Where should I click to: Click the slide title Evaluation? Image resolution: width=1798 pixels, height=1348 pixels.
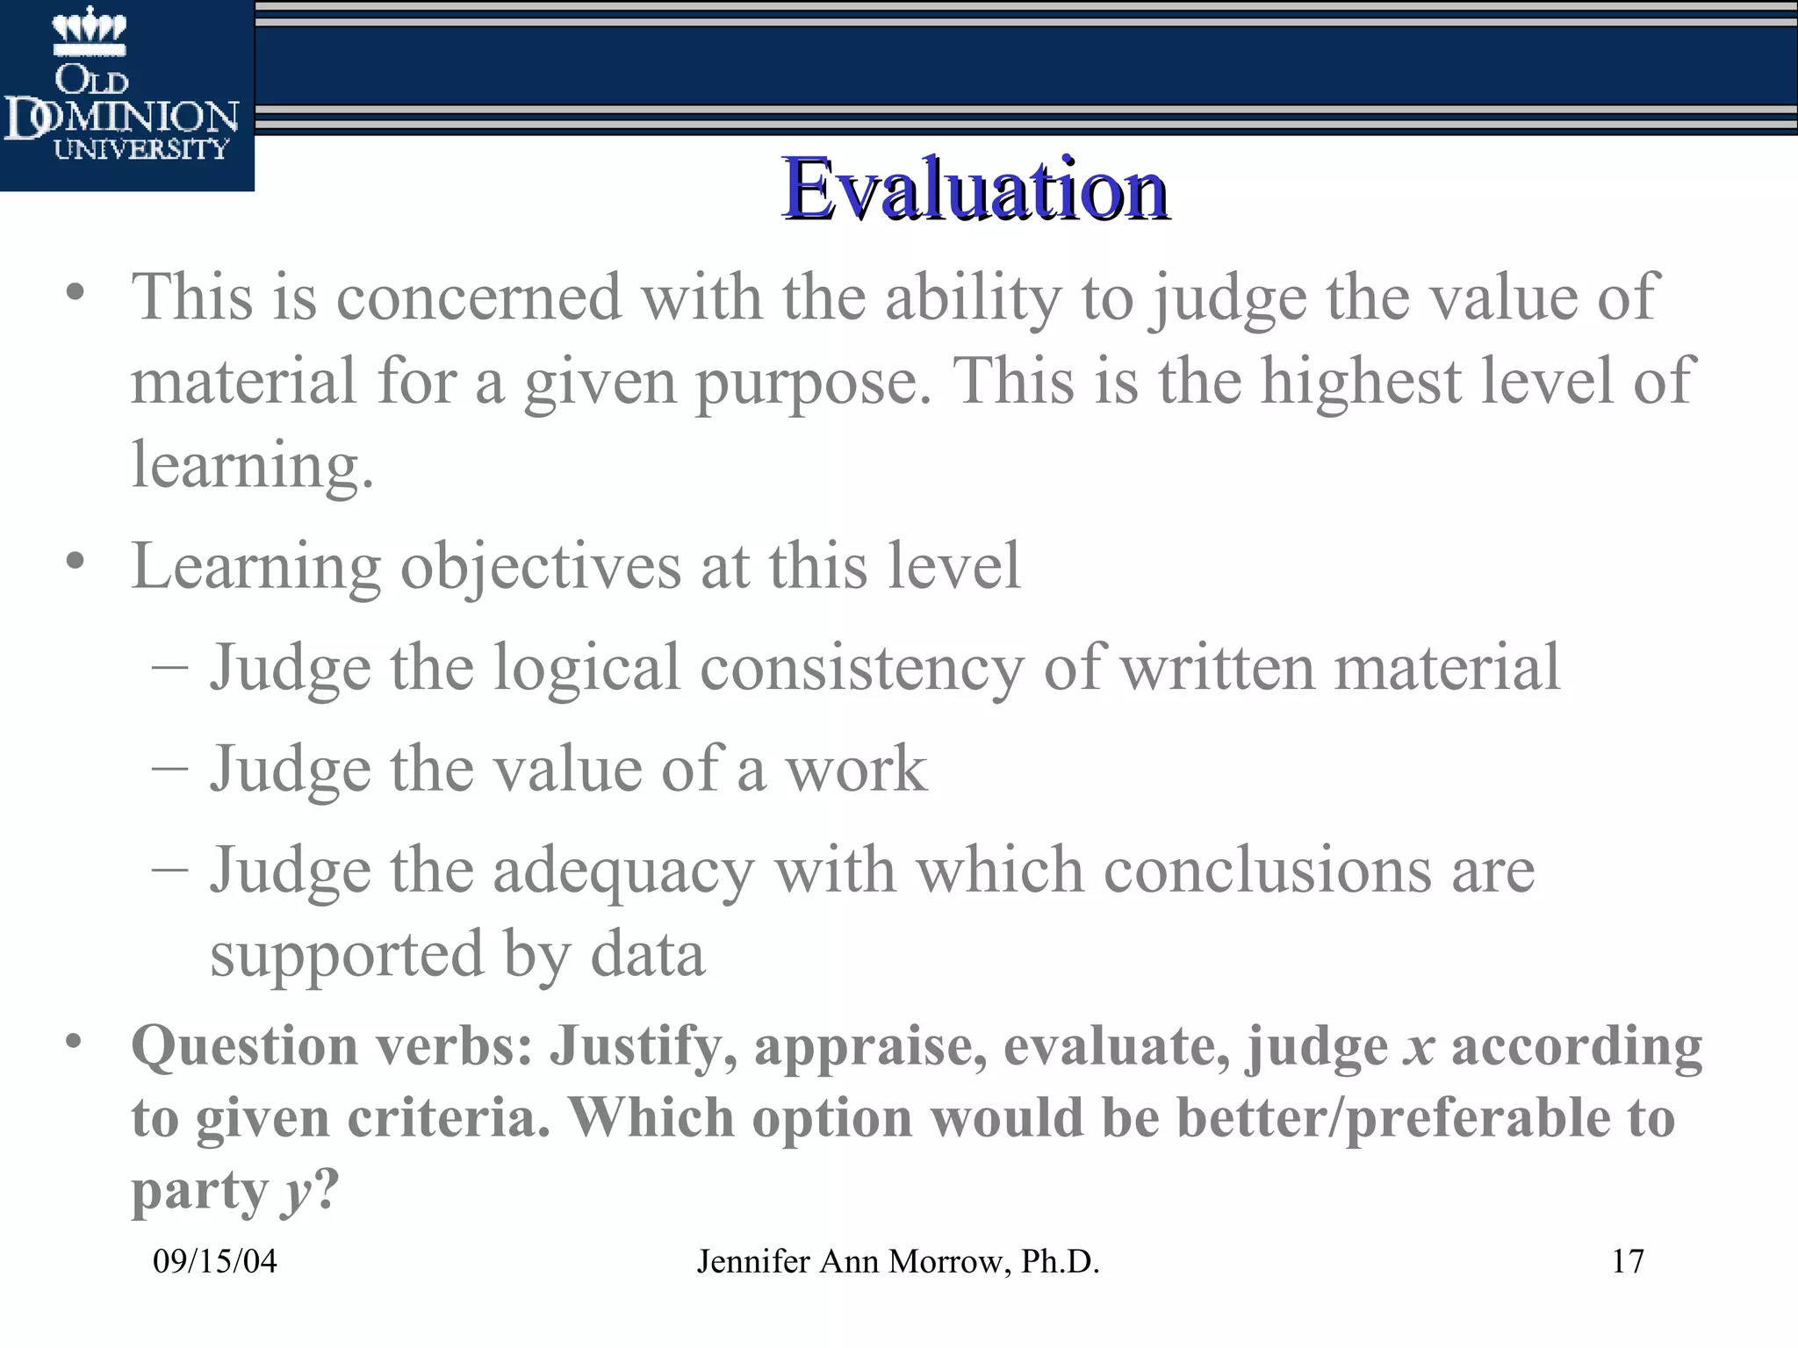[x=975, y=190]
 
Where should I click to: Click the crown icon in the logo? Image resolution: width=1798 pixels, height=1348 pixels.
[x=90, y=31]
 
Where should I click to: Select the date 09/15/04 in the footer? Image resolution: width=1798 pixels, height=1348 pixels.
[x=215, y=1262]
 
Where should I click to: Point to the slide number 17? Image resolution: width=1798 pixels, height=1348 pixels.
[x=1628, y=1262]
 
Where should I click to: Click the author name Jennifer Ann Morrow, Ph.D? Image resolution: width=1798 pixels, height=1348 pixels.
[x=898, y=1262]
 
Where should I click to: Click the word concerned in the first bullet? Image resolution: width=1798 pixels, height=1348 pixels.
[x=478, y=297]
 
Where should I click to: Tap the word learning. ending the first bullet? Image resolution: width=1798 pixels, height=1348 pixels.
[x=253, y=465]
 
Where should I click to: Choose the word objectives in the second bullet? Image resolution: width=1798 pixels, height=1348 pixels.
[x=540, y=565]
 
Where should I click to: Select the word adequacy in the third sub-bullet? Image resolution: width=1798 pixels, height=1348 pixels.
[x=623, y=871]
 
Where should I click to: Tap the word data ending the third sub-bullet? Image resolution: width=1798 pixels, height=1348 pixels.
[x=647, y=954]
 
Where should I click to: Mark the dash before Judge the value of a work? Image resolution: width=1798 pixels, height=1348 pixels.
[x=169, y=767]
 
